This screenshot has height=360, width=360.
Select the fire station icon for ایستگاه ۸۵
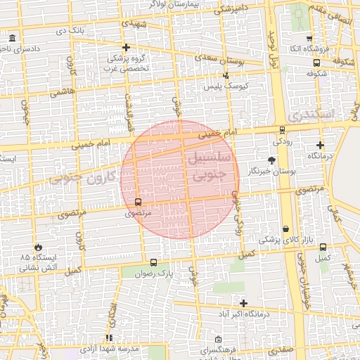click(37, 247)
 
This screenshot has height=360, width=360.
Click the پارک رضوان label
click(154, 271)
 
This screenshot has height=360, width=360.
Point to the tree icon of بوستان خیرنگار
click(271, 160)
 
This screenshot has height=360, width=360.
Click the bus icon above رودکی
click(282, 129)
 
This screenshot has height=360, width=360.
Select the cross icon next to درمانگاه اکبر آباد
click(243, 303)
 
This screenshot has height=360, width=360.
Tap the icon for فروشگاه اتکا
click(309, 37)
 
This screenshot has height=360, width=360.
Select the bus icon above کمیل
click(323, 247)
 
